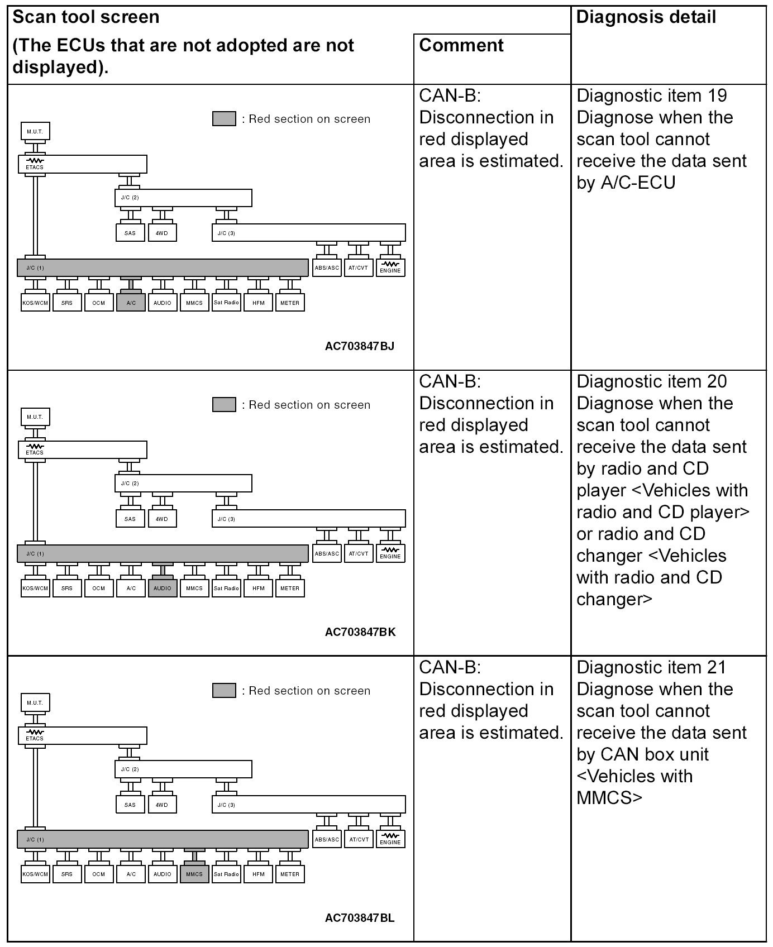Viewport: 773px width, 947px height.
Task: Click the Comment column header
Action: click(461, 45)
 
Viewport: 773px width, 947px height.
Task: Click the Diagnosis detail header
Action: click(646, 17)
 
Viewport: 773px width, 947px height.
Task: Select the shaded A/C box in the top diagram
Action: click(131, 302)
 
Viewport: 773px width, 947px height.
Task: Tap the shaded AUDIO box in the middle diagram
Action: click(163, 588)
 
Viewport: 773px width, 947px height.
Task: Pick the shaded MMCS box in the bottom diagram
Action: click(194, 874)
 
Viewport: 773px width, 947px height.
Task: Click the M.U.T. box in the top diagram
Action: click(35, 131)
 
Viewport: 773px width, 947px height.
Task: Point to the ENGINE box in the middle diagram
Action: click(390, 553)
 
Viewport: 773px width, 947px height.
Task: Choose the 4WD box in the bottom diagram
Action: click(162, 805)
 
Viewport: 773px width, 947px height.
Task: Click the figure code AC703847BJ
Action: click(360, 346)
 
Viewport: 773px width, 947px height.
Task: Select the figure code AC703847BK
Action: click(360, 632)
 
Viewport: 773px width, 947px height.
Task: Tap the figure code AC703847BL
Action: click(360, 918)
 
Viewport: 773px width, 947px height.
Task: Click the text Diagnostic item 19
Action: click(652, 95)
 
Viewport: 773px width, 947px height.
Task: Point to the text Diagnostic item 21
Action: click(652, 667)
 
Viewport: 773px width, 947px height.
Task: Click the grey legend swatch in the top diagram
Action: click(224, 119)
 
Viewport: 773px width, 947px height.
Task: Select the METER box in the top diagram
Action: click(290, 303)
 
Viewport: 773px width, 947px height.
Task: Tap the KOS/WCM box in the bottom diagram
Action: click(35, 874)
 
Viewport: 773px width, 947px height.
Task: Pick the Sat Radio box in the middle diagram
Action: click(226, 588)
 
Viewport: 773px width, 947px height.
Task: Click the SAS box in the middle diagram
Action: click(130, 519)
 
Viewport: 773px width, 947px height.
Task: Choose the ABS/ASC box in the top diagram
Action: click(327, 267)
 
